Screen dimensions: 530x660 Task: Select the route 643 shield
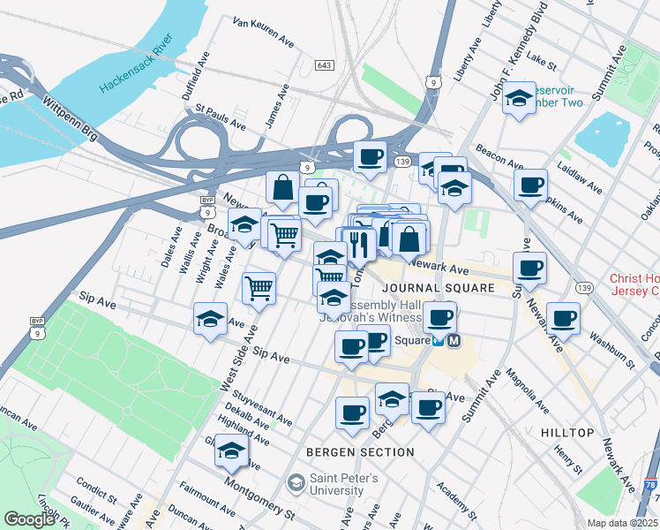coord(325,65)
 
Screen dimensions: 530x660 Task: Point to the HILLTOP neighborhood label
coord(566,432)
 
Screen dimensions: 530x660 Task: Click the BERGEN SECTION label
coord(360,452)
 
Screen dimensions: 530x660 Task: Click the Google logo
coord(29,519)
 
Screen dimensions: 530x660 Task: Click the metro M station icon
coord(454,341)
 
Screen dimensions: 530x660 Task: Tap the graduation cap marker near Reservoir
coord(519,98)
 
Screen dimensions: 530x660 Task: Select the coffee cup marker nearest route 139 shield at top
coord(370,157)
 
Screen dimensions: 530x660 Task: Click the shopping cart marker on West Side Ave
coord(259,287)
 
